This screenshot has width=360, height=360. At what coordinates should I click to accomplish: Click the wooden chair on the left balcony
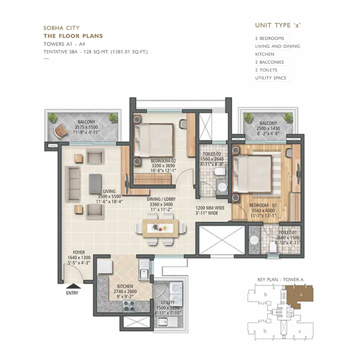click(59, 131)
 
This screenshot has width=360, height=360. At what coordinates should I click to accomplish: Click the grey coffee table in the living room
click(95, 184)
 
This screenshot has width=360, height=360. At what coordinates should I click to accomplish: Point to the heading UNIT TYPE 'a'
click(277, 25)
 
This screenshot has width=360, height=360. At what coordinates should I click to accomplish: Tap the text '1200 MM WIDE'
click(210, 208)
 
